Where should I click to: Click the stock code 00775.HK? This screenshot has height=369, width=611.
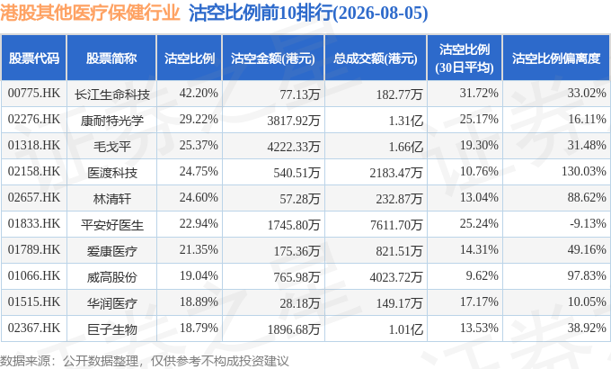coord(34,94)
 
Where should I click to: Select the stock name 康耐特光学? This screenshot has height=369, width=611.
coord(111,121)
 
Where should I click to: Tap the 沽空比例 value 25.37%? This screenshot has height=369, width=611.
coord(199,145)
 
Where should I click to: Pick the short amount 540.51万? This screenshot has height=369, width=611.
coord(297,173)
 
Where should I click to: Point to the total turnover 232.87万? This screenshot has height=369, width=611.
coord(399,199)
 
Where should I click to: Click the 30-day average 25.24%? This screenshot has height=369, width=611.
coord(479,223)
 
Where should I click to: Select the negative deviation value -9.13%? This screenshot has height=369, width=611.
coord(588,223)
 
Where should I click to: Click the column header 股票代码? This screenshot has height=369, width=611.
coord(34,58)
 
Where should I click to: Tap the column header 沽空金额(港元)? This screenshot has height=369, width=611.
coord(273,58)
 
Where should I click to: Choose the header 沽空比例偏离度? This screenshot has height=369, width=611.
coord(556,58)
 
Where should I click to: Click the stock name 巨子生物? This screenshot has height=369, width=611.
coord(111,329)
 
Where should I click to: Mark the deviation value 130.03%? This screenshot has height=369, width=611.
coord(584,171)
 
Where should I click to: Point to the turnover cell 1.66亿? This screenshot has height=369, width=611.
coord(405,147)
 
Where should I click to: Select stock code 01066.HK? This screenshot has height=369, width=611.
coord(34,275)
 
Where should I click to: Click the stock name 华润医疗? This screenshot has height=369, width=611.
coord(111,303)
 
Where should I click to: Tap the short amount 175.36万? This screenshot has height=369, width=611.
coord(297,251)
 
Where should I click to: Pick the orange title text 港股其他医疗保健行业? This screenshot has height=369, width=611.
coord(90,13)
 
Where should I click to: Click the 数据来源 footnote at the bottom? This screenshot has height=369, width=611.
coord(144,360)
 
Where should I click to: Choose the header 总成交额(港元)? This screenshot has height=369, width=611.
coord(376,58)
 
